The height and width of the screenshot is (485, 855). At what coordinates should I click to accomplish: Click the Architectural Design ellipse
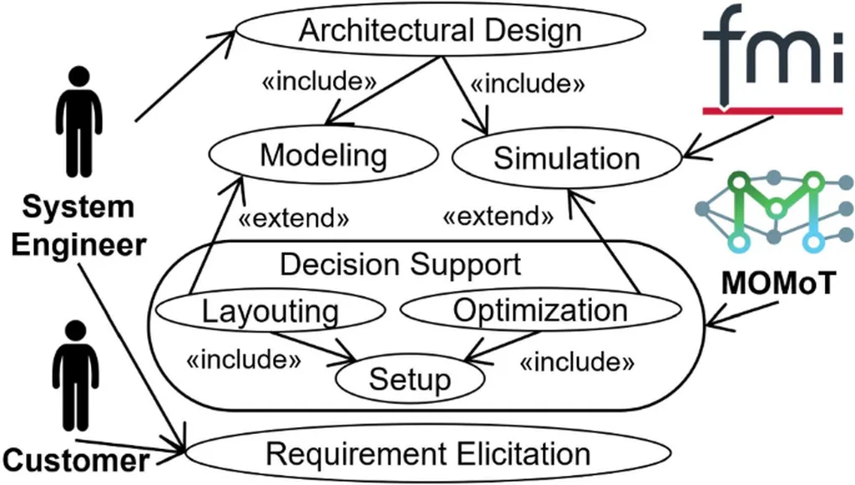coord(440,31)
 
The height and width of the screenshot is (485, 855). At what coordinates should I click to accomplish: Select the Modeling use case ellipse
coord(323,155)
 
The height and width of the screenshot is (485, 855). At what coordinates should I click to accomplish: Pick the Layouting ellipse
coord(270,311)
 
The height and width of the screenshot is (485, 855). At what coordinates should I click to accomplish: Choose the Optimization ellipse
coord(539,310)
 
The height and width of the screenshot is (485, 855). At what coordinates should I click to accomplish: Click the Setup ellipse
coord(409,379)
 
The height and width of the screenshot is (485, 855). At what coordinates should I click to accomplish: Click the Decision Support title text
coord(400,264)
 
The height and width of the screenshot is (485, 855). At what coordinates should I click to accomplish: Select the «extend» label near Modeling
coord(292,220)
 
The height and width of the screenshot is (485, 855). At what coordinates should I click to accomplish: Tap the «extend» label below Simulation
coord(498,217)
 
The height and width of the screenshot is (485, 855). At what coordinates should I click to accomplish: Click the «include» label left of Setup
coord(242,361)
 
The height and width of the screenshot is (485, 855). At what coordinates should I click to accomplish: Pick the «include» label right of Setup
coord(577,362)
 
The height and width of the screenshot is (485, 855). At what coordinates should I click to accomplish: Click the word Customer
coord(76,461)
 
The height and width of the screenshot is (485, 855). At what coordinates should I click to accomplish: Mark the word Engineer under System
coord(78,245)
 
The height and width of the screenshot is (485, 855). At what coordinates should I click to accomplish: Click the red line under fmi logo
coord(771,109)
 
